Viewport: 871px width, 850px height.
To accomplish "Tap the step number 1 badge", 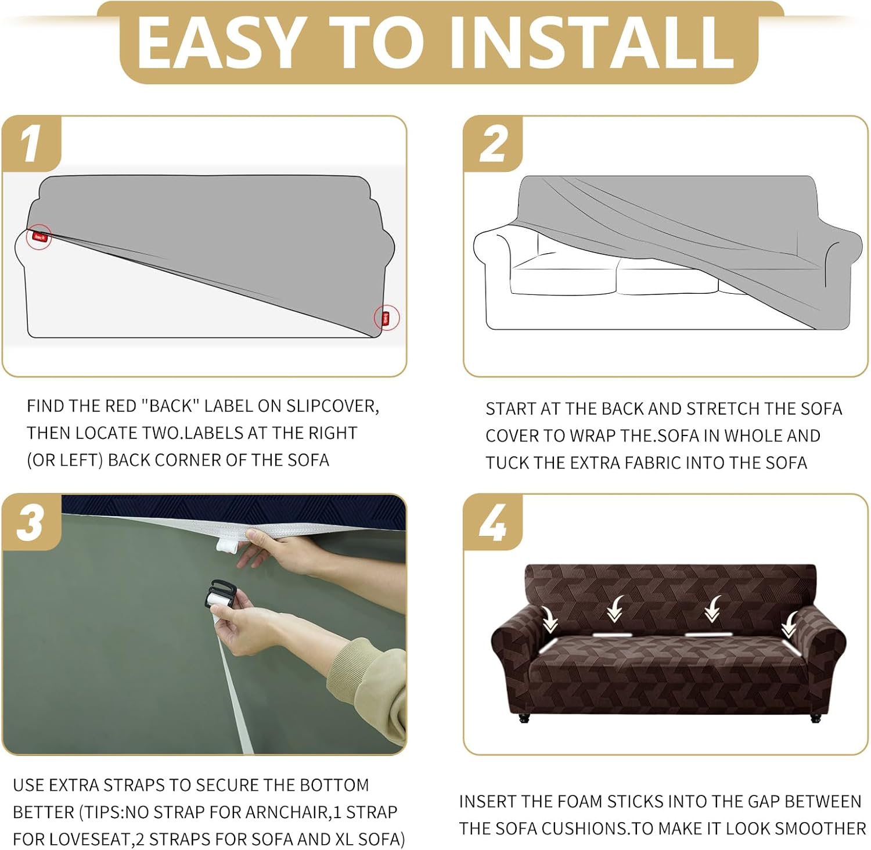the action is click(x=32, y=144).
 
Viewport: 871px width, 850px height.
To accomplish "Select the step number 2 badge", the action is click(x=493, y=144).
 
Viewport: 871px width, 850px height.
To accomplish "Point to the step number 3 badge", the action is click(x=32, y=521).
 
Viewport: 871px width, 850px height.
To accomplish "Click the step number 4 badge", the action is click(x=493, y=521).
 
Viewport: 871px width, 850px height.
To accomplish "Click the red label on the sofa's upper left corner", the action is click(x=39, y=236).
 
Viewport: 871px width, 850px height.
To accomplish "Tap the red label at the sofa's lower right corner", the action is click(x=386, y=318).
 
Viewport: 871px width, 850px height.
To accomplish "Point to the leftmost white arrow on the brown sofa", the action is click(x=549, y=620).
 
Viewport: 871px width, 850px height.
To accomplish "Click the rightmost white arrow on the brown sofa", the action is click(x=789, y=625).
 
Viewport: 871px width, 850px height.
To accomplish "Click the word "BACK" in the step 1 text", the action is click(x=171, y=406).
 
